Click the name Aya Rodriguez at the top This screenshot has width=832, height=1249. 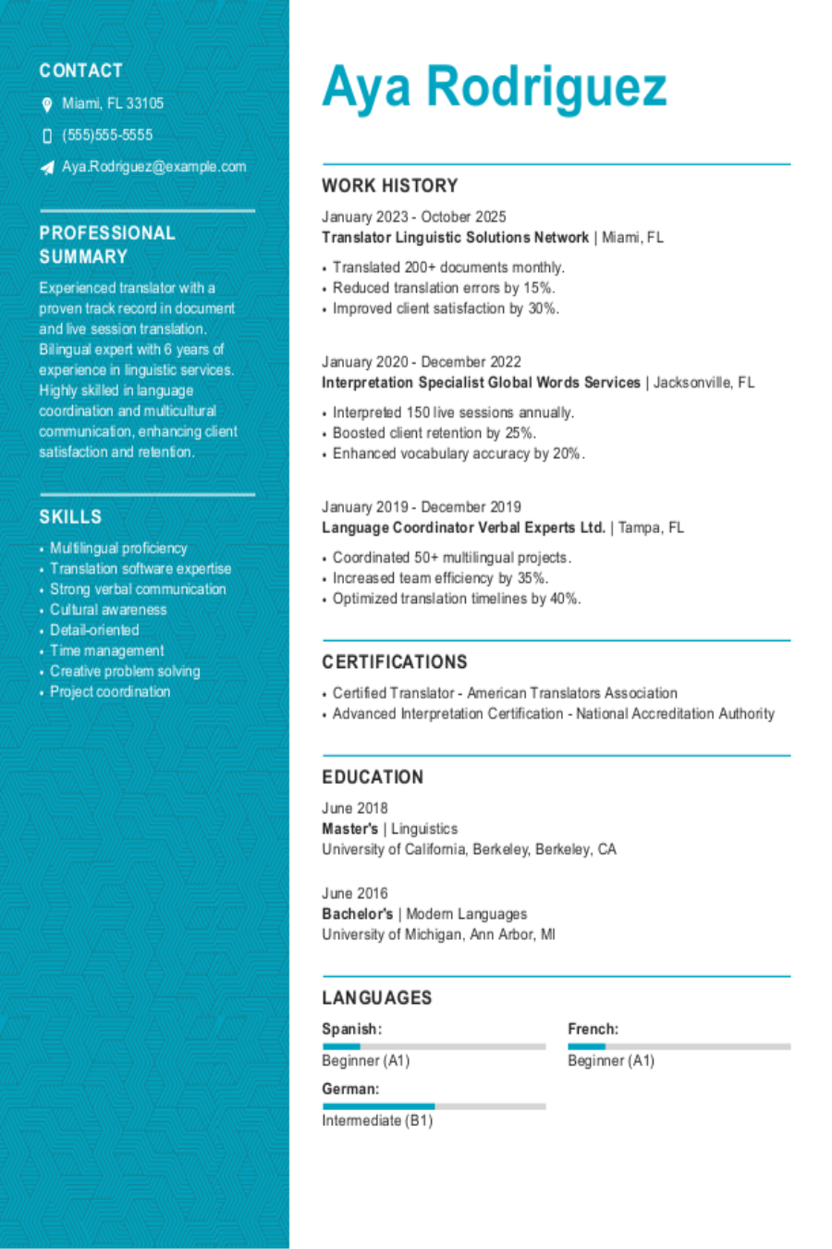(494, 87)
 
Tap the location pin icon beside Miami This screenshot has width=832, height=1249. (47, 105)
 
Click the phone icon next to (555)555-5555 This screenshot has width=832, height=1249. (47, 136)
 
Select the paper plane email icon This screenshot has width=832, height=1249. (47, 167)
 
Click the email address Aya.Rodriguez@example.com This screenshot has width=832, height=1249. (153, 167)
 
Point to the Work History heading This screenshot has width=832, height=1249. (389, 185)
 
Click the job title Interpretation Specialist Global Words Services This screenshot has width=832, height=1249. (481, 382)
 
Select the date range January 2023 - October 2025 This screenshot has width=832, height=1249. (413, 216)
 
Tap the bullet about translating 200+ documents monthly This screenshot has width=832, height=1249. (448, 267)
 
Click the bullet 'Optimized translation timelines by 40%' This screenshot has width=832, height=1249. (457, 599)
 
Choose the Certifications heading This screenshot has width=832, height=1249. (394, 662)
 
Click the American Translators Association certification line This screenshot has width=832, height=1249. (505, 693)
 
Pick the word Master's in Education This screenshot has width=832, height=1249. (349, 829)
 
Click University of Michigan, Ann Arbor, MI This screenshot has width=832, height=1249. (438, 934)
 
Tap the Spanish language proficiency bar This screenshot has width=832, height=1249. (434, 1046)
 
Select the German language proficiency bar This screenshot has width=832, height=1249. (434, 1107)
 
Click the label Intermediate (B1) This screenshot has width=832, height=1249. (377, 1120)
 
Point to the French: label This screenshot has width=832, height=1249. (593, 1029)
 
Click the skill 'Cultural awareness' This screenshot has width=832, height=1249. (108, 610)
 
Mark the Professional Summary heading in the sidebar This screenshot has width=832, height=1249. (107, 244)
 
